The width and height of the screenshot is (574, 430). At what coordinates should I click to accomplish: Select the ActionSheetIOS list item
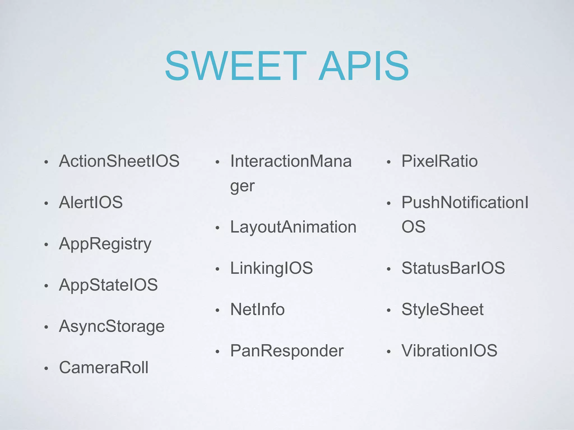pos(119,161)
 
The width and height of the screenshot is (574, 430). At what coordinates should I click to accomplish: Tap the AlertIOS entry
pos(91,202)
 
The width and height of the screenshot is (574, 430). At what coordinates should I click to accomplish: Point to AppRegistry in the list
pos(105,244)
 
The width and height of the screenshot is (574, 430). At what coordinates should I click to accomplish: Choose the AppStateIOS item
pos(108,285)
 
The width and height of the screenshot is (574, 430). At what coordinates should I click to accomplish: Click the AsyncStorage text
pos(112,326)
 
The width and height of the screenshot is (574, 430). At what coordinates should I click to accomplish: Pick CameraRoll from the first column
pos(104,368)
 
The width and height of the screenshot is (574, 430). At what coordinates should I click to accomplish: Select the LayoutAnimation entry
pos(293,227)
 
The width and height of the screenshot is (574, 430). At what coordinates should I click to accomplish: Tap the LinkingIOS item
pos(271,268)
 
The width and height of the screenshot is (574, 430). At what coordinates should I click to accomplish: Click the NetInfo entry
pos(257,310)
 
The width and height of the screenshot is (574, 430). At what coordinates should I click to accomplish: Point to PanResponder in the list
pos(287,351)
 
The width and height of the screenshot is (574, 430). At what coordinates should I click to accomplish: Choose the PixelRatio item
pos(439,161)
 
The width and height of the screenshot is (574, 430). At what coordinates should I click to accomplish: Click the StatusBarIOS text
pos(453,268)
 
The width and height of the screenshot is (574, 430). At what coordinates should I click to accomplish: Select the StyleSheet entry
pos(443,310)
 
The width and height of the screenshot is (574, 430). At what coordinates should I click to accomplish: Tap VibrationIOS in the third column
pos(449,351)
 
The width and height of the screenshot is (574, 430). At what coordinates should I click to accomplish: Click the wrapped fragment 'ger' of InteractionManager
pos(242,186)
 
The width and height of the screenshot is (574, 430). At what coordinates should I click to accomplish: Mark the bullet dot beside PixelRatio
pos(388,162)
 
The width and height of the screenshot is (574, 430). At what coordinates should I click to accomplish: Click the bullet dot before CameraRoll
pos(46,368)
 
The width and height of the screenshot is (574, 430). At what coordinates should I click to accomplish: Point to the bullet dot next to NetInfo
pos(217,310)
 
